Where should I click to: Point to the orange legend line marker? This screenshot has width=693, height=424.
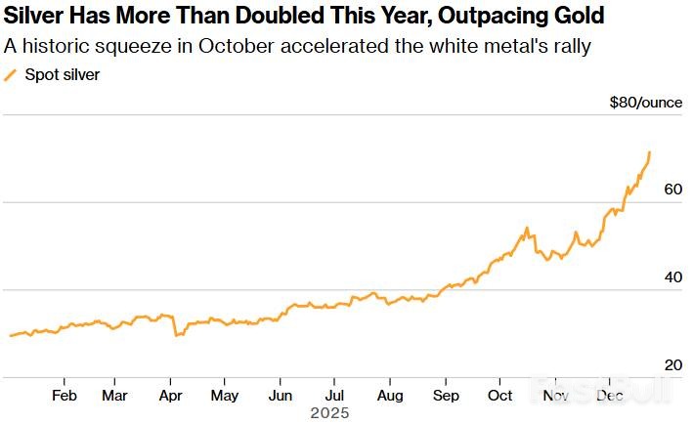click(11, 74)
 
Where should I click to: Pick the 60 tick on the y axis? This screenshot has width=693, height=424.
click(672, 190)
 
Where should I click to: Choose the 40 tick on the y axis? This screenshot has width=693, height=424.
click(672, 277)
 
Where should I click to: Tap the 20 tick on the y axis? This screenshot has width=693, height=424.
click(672, 364)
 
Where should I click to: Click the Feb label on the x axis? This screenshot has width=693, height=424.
click(65, 395)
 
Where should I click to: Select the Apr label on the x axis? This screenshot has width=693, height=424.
click(170, 395)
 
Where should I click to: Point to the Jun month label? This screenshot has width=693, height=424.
click(280, 395)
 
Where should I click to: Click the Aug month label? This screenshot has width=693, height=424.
click(390, 395)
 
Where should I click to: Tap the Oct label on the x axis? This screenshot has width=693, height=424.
click(499, 395)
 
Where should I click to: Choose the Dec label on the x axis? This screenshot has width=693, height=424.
click(610, 395)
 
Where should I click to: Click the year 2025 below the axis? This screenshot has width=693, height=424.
click(329, 413)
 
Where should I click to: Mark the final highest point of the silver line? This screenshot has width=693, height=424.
click(651, 152)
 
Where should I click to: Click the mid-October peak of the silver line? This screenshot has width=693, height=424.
click(527, 229)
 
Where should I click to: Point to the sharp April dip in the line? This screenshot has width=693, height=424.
click(176, 335)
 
